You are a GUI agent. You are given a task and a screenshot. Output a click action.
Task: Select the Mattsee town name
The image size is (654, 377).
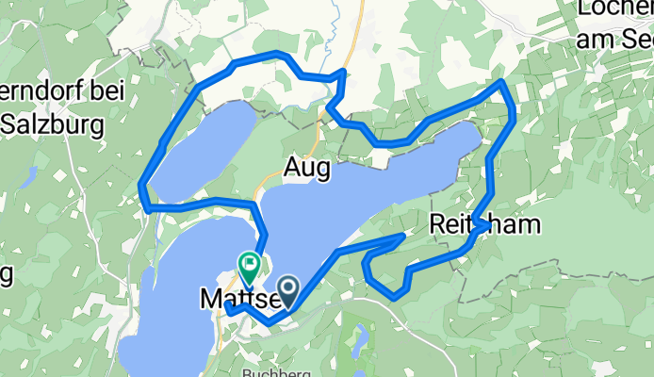(x=236, y=300)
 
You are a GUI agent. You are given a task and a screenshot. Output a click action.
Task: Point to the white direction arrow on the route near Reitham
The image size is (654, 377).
(x=482, y=225)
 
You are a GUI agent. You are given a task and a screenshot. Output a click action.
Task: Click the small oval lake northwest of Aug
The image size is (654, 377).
(x=203, y=148)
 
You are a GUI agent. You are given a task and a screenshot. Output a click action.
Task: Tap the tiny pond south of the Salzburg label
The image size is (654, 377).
(x=31, y=175)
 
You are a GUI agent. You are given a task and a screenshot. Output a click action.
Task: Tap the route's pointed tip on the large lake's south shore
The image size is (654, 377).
(x=403, y=235)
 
